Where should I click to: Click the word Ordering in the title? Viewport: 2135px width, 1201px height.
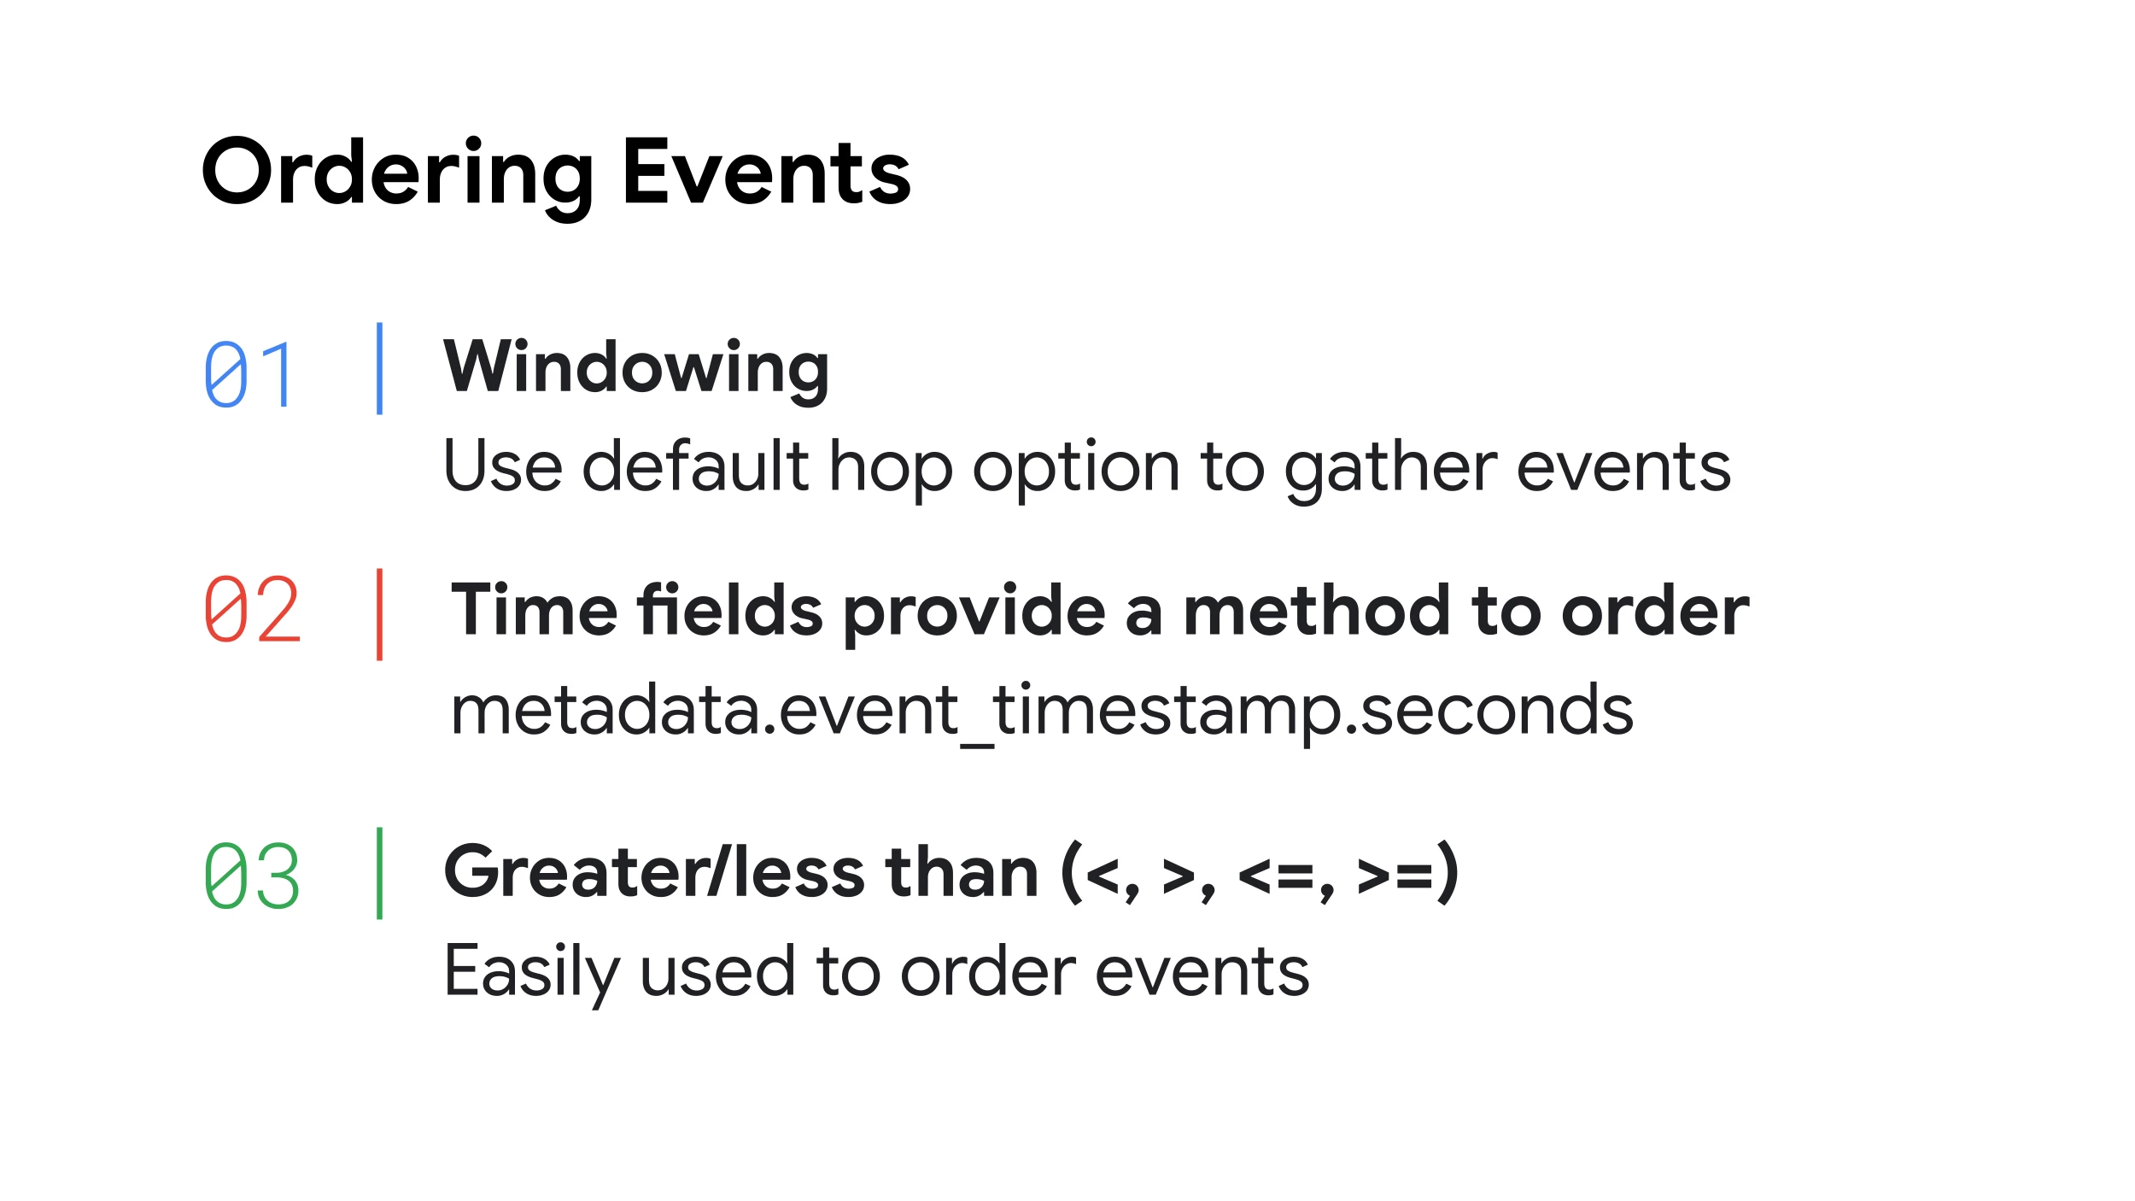tap(397, 178)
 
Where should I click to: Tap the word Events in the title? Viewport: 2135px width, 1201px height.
tap(767, 172)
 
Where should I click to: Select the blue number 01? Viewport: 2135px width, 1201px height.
tap(249, 374)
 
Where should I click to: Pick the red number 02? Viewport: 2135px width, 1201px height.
tap(252, 609)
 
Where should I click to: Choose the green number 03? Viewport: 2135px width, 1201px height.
tap(252, 876)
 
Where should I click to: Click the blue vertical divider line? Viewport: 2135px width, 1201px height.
tap(379, 368)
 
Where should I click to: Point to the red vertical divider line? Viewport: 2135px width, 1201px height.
tap(379, 614)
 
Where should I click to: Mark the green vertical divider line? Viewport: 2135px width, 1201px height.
tap(379, 873)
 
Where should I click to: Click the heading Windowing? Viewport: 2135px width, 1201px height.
tap(636, 370)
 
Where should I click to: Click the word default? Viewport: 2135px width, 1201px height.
tap(695, 466)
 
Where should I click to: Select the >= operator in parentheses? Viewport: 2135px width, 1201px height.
tap(1395, 876)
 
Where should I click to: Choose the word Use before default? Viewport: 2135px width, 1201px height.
tap(503, 466)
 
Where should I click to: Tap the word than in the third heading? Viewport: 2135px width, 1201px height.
tap(962, 871)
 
